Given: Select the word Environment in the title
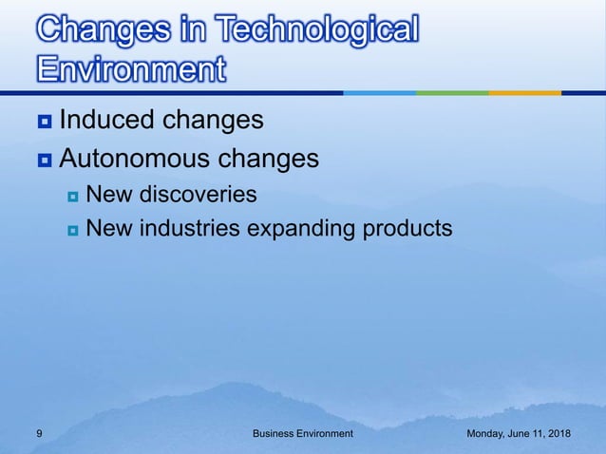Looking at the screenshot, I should coord(131,70).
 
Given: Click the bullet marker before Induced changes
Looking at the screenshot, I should coord(45,123).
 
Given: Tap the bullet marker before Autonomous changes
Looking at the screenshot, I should coord(45,161).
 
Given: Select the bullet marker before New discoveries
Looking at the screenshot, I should coord(72,197).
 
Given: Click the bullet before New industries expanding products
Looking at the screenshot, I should coord(72,230).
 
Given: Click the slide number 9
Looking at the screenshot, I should coord(37,433).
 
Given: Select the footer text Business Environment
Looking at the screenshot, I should coord(302,433).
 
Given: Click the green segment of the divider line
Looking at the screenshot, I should coord(451,93).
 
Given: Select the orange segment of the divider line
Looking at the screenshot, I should coord(525,93).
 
